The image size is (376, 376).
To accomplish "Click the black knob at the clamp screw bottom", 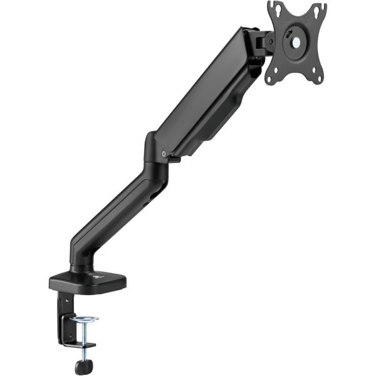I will point(81,365).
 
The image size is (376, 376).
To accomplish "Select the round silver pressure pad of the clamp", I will point(85,320).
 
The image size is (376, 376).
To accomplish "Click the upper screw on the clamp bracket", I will point(66,300).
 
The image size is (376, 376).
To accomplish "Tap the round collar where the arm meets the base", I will point(80,268).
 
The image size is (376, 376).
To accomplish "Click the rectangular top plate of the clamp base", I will point(88,281).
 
